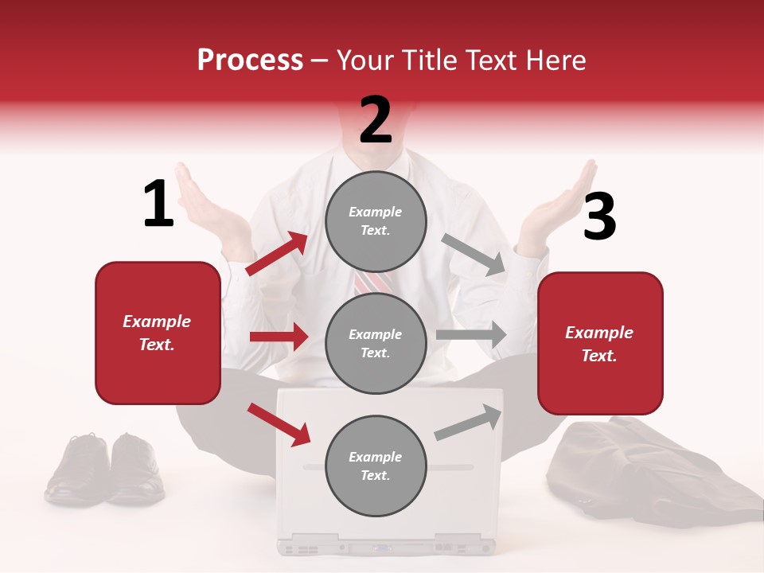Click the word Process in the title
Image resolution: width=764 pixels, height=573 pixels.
(250, 60)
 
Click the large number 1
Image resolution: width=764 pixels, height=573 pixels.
(158, 204)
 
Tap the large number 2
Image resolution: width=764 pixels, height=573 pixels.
(376, 119)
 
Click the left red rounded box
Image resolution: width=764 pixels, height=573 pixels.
(158, 333)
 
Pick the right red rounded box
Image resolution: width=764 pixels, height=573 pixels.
(600, 344)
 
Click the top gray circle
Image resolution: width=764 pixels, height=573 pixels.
(376, 221)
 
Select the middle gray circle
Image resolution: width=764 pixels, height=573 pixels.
(376, 343)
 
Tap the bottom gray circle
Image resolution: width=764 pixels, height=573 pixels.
(376, 466)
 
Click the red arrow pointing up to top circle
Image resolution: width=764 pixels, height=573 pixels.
(277, 254)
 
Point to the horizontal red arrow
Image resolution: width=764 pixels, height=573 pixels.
(279, 337)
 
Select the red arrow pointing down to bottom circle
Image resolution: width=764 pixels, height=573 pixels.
(279, 423)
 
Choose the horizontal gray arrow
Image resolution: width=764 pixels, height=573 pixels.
(471, 334)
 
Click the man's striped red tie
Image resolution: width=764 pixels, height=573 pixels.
(374, 281)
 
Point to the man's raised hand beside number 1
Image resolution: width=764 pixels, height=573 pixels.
(203, 199)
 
